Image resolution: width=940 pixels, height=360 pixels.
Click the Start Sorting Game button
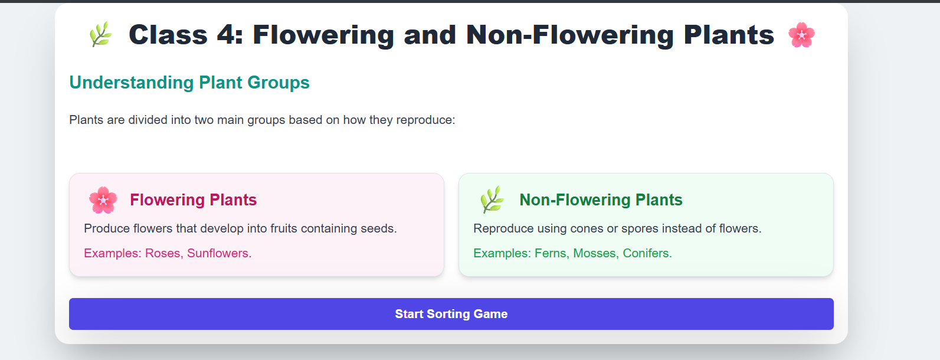pos(451,314)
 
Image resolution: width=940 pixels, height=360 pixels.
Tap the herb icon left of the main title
pos(100,34)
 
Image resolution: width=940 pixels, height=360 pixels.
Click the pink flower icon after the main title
pos(801,35)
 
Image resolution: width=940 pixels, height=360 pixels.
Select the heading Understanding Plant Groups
pos(189,83)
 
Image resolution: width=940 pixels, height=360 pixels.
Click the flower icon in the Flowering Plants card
pos(103,200)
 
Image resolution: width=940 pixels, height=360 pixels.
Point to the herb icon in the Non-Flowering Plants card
pos(492,200)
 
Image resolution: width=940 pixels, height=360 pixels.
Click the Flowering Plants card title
pos(193,200)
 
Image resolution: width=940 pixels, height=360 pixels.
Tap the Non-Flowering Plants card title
pos(601,200)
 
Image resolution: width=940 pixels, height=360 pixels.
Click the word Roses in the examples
pos(163,253)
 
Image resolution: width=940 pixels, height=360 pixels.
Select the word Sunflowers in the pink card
pos(218,253)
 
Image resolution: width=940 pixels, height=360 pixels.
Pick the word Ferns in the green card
pos(551,253)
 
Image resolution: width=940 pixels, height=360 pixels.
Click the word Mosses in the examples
pos(595,253)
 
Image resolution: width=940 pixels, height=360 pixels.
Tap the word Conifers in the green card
pos(647,253)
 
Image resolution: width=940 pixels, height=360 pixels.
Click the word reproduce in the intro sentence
pos(425,120)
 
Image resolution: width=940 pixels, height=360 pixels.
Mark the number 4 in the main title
pos(225,35)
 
